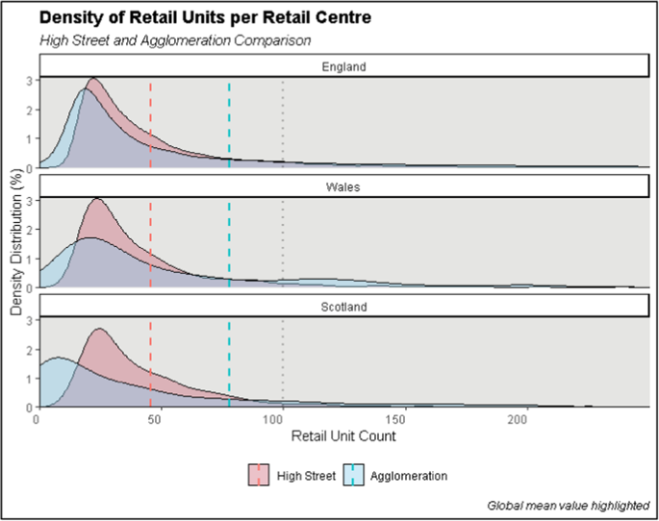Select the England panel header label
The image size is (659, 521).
[x=342, y=66]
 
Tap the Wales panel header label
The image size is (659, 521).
[x=342, y=186]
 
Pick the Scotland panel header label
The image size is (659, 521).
[x=342, y=307]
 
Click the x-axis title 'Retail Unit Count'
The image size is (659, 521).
[x=342, y=435]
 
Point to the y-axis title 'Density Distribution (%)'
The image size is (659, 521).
[x=16, y=240]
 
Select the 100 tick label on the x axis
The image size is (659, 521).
[x=282, y=419]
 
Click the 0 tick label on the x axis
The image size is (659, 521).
[x=37, y=419]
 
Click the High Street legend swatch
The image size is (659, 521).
[x=258, y=475]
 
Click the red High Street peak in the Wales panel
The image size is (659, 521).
[x=96, y=200]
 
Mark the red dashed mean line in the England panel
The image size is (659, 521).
[x=151, y=125]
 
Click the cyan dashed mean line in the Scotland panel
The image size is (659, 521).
[x=229, y=365]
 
